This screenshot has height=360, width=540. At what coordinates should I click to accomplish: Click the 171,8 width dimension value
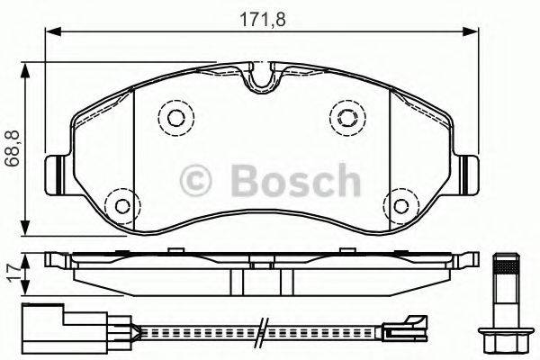(x=262, y=15)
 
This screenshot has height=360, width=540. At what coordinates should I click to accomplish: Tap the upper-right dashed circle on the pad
(x=346, y=115)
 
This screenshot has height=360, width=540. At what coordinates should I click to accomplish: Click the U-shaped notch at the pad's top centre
(x=260, y=80)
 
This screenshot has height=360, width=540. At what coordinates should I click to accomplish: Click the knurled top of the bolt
(x=504, y=265)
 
